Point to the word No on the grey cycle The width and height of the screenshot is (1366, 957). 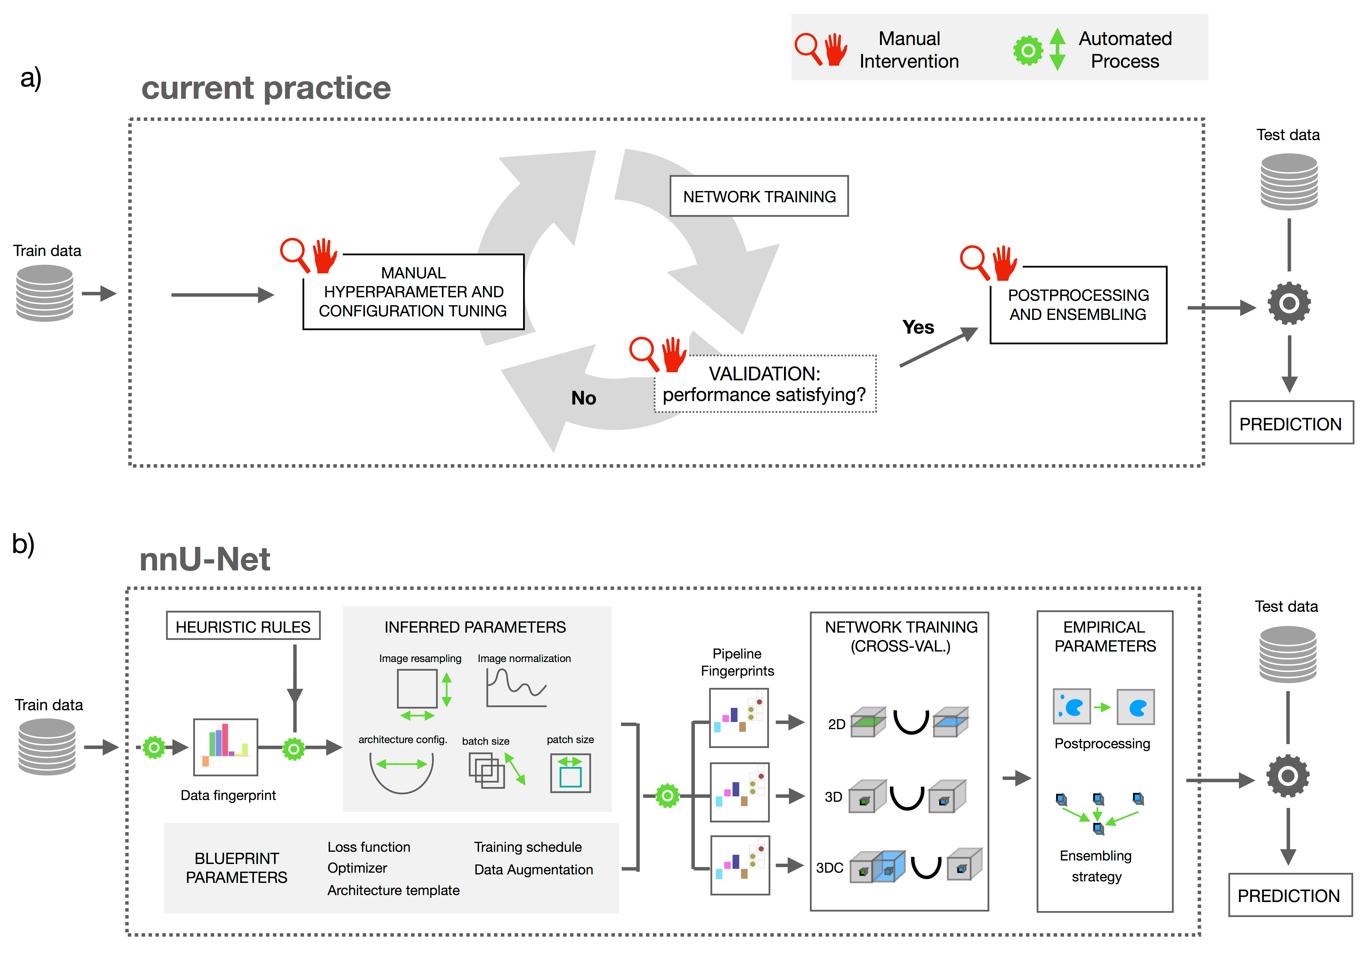(584, 398)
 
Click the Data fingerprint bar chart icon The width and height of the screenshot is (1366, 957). (226, 747)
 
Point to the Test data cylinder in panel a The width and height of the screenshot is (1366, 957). (1289, 182)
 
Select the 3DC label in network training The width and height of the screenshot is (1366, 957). (829, 868)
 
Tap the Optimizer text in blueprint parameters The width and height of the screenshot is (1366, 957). (357, 868)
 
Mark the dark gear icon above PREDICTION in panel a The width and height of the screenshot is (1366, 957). (1289, 303)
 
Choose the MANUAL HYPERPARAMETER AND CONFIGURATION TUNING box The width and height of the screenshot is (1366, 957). (413, 292)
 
